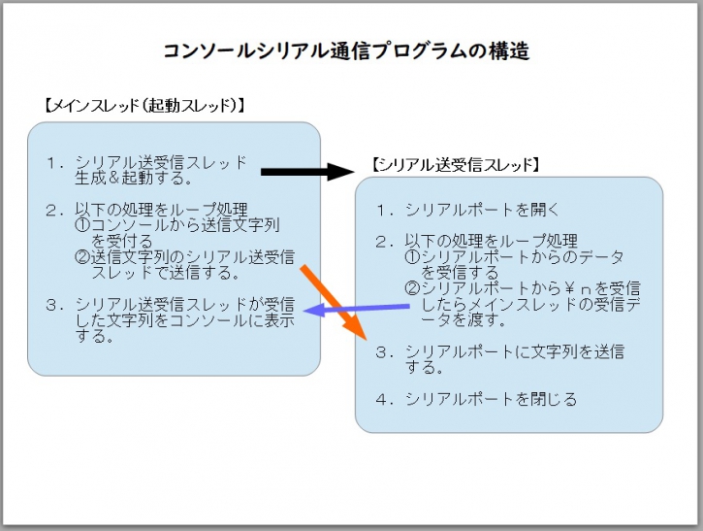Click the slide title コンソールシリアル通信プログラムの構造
pos(346,51)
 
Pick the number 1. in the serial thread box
pos(384,209)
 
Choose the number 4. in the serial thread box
pos(384,398)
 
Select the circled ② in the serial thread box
pos(411,288)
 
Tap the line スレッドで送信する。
pos(167,273)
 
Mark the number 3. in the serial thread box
pos(384,351)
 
